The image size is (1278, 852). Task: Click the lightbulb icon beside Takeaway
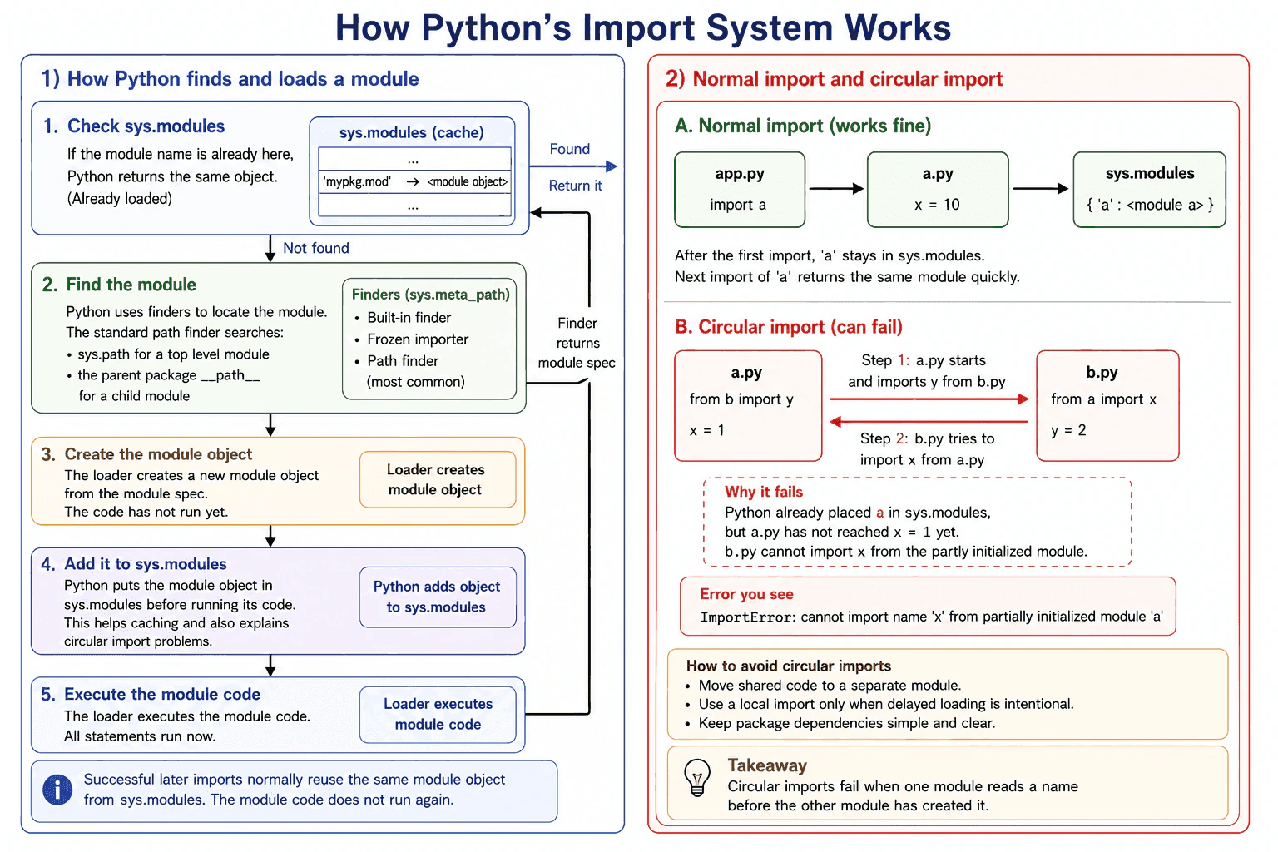point(696,777)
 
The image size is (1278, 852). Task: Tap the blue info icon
point(57,790)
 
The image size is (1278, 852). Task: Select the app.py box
point(740,190)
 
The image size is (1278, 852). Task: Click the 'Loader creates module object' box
point(438,479)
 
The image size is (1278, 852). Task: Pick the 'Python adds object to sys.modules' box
point(438,597)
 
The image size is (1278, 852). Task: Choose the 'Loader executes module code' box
point(438,714)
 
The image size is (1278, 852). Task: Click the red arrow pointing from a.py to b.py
point(929,399)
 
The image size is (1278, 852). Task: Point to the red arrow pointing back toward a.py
point(929,422)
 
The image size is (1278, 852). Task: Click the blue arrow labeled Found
point(573,166)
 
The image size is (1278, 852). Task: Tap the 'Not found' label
point(316,248)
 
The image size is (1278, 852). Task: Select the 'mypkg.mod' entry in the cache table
point(357,181)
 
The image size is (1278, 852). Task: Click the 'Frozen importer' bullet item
point(418,339)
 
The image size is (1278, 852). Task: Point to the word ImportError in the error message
point(746,617)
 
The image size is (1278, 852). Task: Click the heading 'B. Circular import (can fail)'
point(789,327)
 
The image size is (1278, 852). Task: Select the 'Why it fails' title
point(763,492)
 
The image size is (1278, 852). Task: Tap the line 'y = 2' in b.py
point(1068,430)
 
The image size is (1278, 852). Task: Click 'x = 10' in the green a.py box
point(937,205)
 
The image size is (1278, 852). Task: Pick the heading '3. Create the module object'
point(146,454)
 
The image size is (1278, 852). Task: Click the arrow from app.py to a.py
point(836,188)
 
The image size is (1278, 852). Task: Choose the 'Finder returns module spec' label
point(577,343)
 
